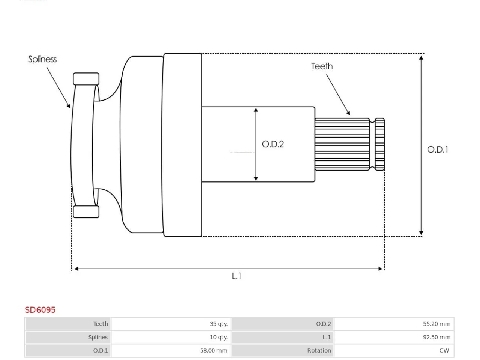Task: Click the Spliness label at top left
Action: tap(42, 59)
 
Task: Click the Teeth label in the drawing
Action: tap(322, 66)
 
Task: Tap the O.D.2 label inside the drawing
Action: tap(273, 144)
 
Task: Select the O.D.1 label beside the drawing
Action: tap(438, 150)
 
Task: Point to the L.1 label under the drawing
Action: tap(237, 276)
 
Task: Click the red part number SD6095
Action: tap(40, 310)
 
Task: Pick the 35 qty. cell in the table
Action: tap(171, 324)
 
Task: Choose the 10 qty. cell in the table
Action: tap(171, 337)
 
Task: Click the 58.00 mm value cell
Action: tap(171, 350)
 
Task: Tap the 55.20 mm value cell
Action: tap(394, 324)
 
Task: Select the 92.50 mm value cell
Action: tap(394, 337)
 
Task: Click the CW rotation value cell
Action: tap(394, 350)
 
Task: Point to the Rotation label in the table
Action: tap(319, 350)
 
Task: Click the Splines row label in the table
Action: tap(98, 337)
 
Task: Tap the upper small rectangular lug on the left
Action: tap(86, 79)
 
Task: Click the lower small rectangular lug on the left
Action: tap(86, 212)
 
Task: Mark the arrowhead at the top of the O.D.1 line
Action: tap(421, 58)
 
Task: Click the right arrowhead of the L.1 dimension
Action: tap(380, 268)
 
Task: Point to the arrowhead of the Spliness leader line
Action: tap(69, 106)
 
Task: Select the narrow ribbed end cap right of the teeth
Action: tap(380, 144)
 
